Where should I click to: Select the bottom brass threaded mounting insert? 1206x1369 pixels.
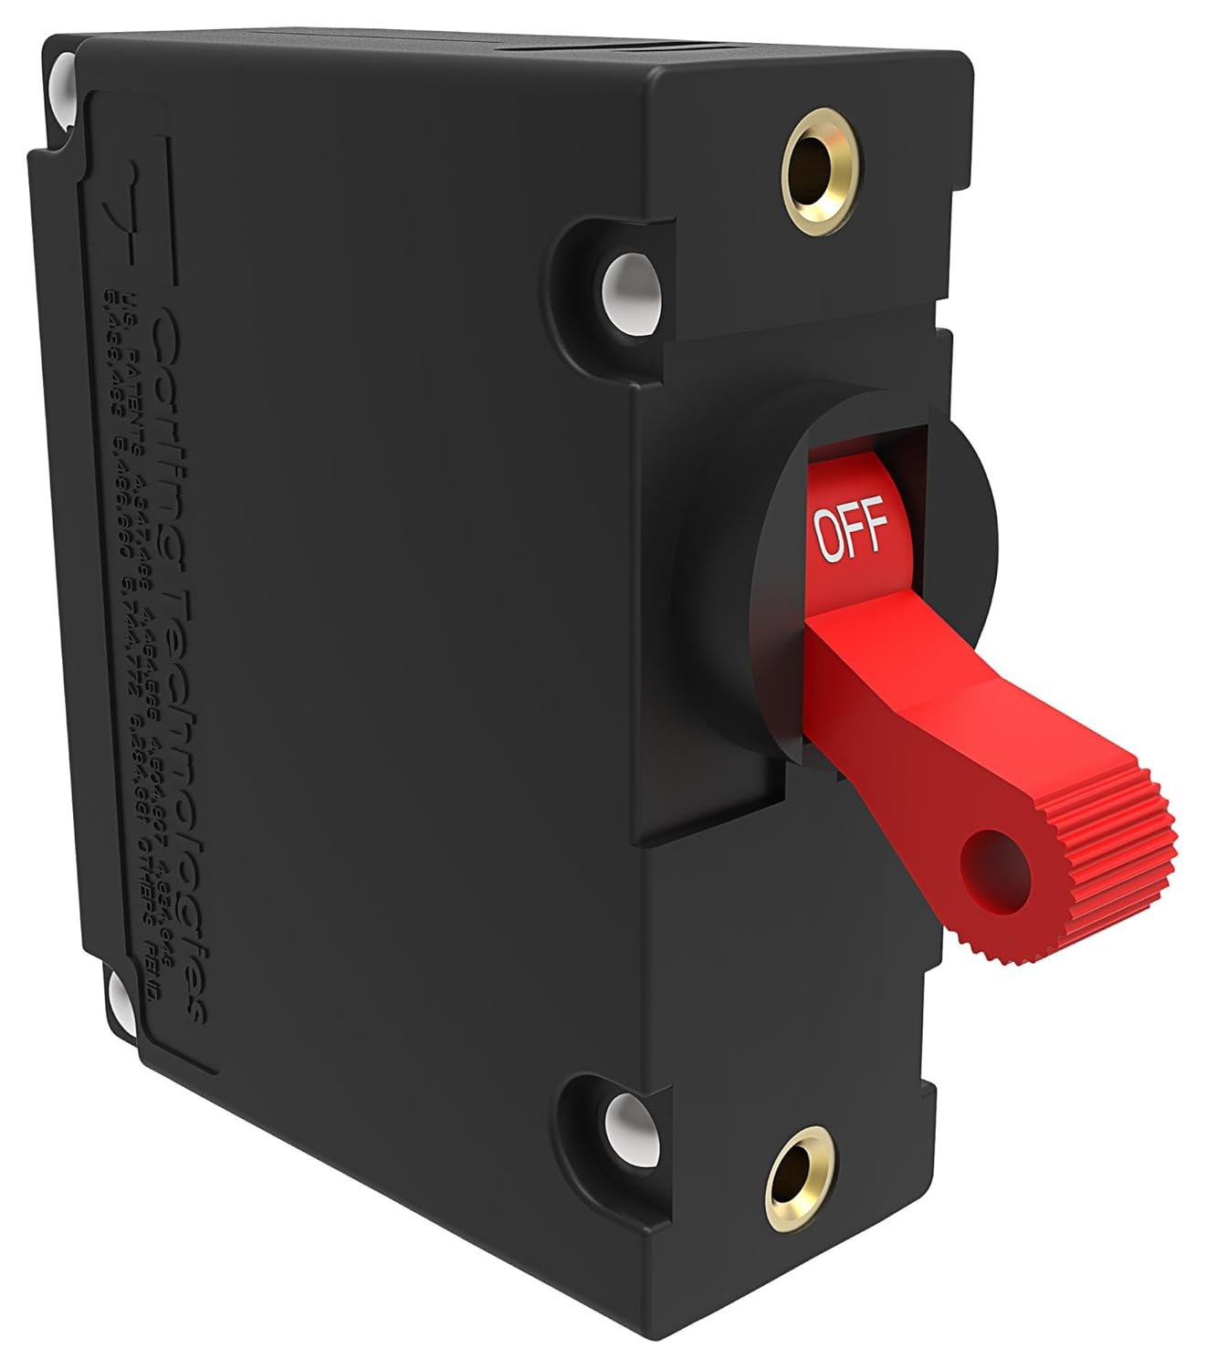tap(792, 1186)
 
